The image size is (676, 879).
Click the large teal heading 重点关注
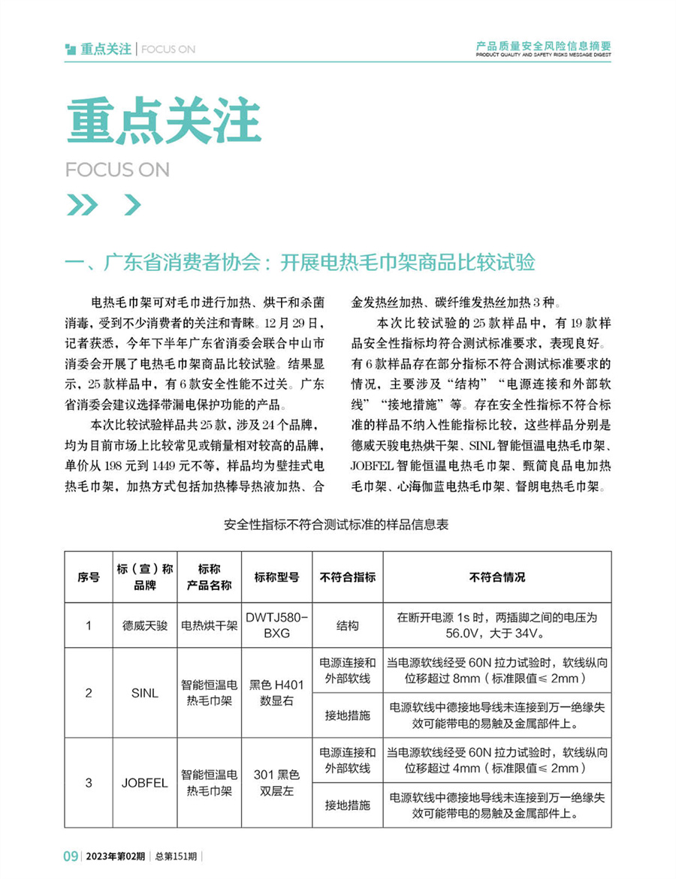click(x=163, y=121)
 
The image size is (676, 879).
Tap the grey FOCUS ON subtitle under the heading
click(x=117, y=170)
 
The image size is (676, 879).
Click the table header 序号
click(x=89, y=577)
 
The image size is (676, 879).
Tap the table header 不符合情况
click(x=496, y=577)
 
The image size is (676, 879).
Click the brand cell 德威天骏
click(x=145, y=625)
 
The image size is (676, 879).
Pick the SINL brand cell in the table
click(x=145, y=693)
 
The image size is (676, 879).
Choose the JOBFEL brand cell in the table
click(x=145, y=783)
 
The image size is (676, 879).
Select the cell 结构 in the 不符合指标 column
click(x=348, y=625)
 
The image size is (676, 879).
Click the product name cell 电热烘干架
click(x=208, y=625)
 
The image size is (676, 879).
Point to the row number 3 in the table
click(x=89, y=783)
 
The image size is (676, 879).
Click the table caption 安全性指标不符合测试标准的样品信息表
click(x=337, y=525)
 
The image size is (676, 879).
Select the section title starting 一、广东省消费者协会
click(x=300, y=263)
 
